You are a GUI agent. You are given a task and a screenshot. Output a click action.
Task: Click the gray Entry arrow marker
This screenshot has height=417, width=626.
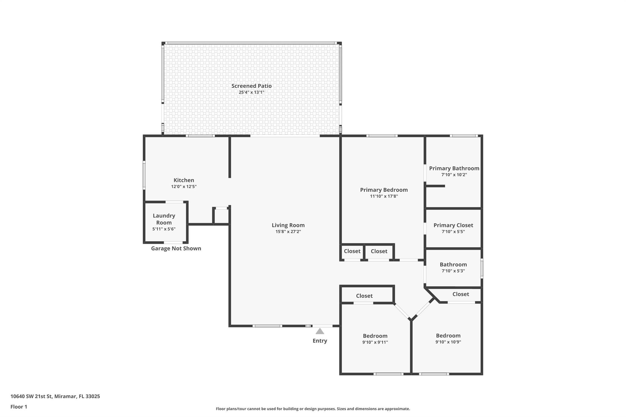pyautogui.click(x=320, y=331)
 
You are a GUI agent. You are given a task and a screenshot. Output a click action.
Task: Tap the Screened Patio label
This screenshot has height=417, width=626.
pyautogui.click(x=251, y=86)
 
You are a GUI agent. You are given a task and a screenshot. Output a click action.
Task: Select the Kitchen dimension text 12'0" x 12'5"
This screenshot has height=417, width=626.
pyautogui.click(x=184, y=187)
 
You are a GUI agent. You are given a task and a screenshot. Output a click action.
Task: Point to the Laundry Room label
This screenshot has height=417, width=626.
pyautogui.click(x=164, y=219)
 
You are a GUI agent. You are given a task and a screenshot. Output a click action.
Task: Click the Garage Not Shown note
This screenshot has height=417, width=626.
pyautogui.click(x=176, y=248)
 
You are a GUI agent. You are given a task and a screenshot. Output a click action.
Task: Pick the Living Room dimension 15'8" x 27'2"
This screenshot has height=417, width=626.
pyautogui.click(x=288, y=232)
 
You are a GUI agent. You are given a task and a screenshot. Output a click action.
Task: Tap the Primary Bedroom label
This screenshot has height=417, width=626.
pyautogui.click(x=384, y=190)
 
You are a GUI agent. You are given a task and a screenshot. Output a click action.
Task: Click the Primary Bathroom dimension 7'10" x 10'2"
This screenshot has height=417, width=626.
pyautogui.click(x=454, y=175)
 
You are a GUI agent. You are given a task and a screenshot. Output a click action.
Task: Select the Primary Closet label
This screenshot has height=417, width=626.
pyautogui.click(x=453, y=225)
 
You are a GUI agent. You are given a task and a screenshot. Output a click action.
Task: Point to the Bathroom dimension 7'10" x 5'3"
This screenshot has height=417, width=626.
pyautogui.click(x=453, y=271)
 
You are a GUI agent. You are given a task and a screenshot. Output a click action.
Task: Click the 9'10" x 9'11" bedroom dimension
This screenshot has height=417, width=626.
pyautogui.click(x=375, y=342)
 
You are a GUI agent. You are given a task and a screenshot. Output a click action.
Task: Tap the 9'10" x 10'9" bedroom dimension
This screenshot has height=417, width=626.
pyautogui.click(x=448, y=342)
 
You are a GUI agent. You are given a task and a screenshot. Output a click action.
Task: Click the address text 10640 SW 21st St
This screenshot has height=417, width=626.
pyautogui.click(x=32, y=396)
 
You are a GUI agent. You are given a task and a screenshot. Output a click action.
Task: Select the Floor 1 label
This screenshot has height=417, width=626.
pyautogui.click(x=19, y=407)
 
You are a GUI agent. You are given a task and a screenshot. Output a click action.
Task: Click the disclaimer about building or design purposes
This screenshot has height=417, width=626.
pyautogui.click(x=313, y=409)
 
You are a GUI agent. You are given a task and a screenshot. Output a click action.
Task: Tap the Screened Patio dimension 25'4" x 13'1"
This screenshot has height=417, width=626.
pyautogui.click(x=251, y=92)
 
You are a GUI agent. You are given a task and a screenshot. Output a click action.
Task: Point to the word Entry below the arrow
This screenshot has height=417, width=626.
pyautogui.click(x=320, y=341)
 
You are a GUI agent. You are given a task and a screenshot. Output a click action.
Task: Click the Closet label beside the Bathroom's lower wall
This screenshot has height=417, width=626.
pyautogui.click(x=461, y=294)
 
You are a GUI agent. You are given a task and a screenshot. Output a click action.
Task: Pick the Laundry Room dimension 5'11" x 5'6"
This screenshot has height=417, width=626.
pyautogui.click(x=164, y=229)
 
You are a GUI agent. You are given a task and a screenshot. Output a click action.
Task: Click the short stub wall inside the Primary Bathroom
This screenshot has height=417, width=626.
pyautogui.click(x=435, y=186)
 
